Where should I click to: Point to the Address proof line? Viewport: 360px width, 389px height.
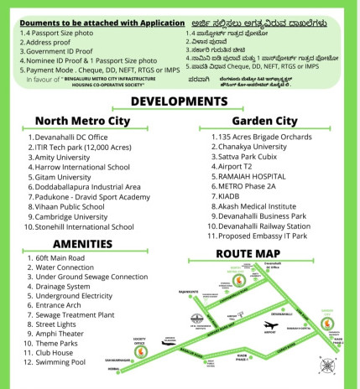pyautogui.click(x=31, y=40)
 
